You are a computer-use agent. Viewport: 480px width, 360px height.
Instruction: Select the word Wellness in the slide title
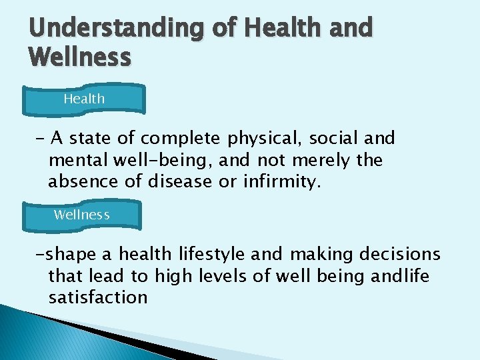coord(79,57)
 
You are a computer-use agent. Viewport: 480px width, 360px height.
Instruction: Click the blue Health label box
coord(84,99)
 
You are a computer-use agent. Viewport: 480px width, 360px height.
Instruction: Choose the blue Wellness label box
coord(82,215)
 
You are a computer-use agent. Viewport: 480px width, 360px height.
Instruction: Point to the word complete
coord(181,139)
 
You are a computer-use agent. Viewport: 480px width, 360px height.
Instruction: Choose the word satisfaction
coord(98,297)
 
